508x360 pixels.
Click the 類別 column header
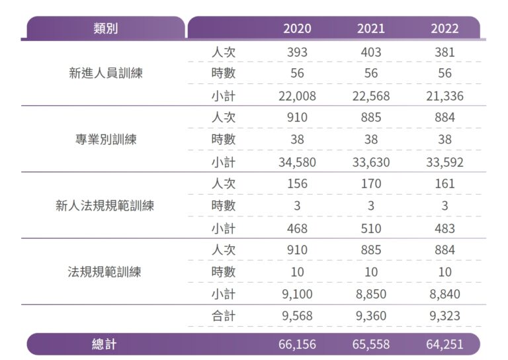(x=106, y=28)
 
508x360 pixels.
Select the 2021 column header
(x=370, y=28)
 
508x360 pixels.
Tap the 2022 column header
(x=444, y=28)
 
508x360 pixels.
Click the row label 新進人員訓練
(x=106, y=73)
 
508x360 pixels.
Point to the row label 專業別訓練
(x=106, y=140)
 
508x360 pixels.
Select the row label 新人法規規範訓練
(x=105, y=206)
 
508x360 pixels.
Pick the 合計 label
(x=223, y=316)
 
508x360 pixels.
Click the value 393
(x=297, y=52)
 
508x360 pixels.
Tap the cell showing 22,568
(x=370, y=96)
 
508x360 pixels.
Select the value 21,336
(x=444, y=96)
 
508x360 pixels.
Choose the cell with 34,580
(x=297, y=162)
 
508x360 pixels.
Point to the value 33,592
(x=444, y=162)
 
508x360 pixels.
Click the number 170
(x=370, y=184)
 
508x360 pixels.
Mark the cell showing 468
(x=297, y=228)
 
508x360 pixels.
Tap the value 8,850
(x=370, y=294)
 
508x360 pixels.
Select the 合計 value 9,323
(x=444, y=316)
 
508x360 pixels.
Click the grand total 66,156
(x=297, y=344)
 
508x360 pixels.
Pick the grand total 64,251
(x=444, y=344)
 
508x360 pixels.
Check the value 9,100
(x=297, y=294)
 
